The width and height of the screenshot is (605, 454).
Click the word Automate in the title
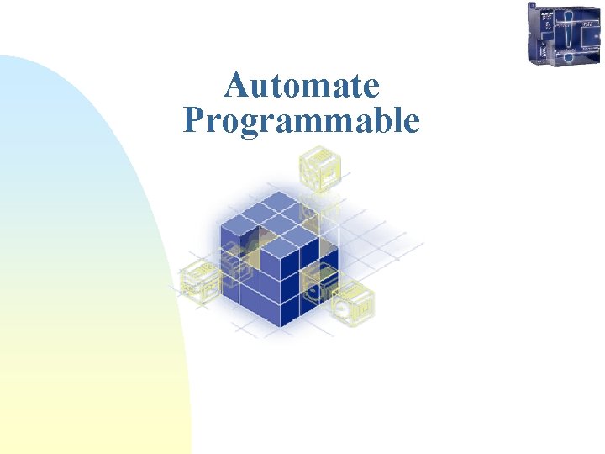pos(302,86)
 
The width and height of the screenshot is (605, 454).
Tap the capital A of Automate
pos(237,86)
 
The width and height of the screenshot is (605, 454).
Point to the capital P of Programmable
pos(194,121)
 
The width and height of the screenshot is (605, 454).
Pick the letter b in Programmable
pos(381,121)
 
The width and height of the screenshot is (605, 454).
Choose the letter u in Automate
pos(260,88)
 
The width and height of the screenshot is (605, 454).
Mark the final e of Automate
pos(371,88)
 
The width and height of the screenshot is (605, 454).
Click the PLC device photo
pos(564,34)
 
